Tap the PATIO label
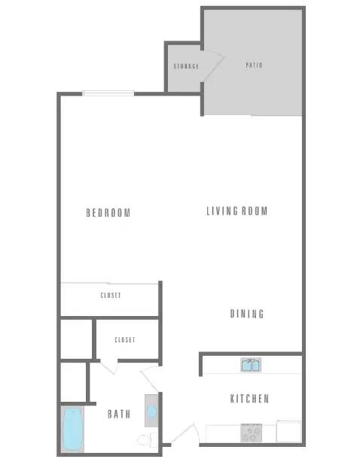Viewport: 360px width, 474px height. pyautogui.click(x=254, y=65)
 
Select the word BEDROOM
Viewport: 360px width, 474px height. pyautogui.click(x=108, y=213)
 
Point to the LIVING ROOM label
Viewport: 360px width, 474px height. pyautogui.click(x=237, y=211)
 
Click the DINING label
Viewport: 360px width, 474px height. pyautogui.click(x=247, y=314)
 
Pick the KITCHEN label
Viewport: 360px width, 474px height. pyautogui.click(x=249, y=399)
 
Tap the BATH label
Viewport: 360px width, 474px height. pyautogui.click(x=119, y=414)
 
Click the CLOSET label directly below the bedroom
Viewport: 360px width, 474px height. pyautogui.click(x=110, y=295)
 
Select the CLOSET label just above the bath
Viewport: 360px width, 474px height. pyautogui.click(x=125, y=340)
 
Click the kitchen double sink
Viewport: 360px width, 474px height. pyautogui.click(x=251, y=366)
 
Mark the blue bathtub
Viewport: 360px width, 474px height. pyautogui.click(x=72, y=429)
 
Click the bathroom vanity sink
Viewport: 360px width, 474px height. pyautogui.click(x=151, y=412)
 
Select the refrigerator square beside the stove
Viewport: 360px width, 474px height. pyautogui.click(x=288, y=432)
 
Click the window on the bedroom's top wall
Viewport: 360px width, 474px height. pyautogui.click(x=108, y=93)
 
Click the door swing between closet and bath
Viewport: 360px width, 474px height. pyautogui.click(x=110, y=366)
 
